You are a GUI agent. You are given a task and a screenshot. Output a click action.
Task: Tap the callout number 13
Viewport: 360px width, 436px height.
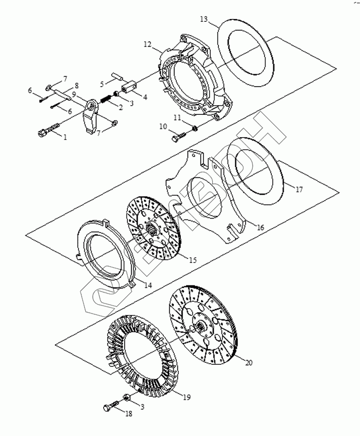[x=204, y=19]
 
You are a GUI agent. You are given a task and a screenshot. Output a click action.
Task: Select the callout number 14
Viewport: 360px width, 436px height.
[x=148, y=286]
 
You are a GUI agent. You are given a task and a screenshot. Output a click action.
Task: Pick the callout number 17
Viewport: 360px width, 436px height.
[x=299, y=190]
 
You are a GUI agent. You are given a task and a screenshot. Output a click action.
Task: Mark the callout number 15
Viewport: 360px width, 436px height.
[x=192, y=260]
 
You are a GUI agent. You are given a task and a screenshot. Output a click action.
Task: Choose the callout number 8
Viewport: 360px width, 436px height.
[x=76, y=85]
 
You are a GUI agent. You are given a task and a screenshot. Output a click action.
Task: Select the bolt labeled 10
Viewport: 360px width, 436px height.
[x=179, y=135]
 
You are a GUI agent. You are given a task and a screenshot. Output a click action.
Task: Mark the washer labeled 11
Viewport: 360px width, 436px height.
[x=194, y=128]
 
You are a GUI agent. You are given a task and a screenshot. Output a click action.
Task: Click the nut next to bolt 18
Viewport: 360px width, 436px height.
[x=126, y=398]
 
